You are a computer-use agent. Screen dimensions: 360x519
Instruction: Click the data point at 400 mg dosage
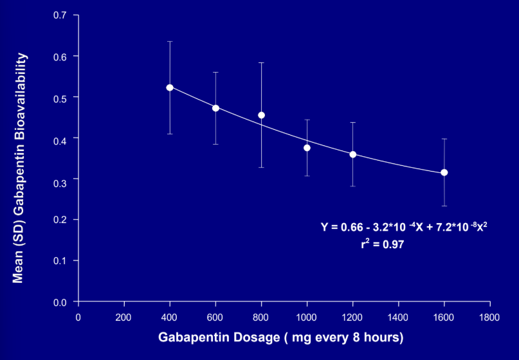170,87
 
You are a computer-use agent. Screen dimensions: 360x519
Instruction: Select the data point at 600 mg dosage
215,108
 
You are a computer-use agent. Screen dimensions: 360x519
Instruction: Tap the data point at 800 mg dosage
261,115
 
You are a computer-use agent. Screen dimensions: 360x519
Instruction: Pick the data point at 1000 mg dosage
307,148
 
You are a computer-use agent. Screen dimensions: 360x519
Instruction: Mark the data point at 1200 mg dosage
353,154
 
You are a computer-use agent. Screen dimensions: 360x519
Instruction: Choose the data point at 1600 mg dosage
444,172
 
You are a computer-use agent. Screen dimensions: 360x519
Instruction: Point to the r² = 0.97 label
383,244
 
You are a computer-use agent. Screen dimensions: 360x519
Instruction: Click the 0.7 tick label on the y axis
60,15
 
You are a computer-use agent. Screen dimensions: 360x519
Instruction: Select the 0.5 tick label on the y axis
60,97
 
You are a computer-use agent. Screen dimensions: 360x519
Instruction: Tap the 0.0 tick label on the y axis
60,301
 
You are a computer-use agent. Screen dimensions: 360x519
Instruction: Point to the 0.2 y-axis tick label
60,220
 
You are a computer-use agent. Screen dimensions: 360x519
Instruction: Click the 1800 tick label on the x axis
489,316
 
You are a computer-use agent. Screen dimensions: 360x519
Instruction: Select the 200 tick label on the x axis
124,316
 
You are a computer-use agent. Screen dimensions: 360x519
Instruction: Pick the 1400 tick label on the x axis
398,316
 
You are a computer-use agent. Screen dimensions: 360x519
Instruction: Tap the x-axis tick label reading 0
78,316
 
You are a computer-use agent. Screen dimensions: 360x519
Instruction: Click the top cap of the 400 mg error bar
170,42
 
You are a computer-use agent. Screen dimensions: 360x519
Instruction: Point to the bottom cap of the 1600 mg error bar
444,206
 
